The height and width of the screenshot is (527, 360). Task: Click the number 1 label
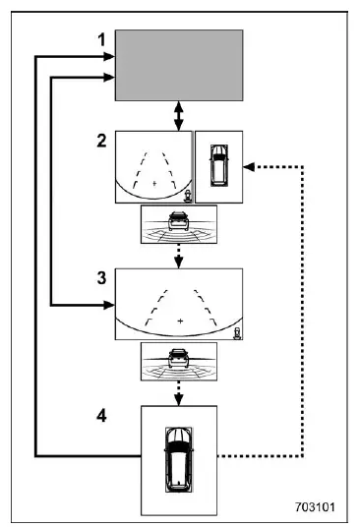102,39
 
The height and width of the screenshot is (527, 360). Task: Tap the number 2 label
102,141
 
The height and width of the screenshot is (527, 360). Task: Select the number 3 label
102,278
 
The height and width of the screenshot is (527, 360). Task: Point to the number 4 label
102,416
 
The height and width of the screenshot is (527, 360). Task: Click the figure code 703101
315,506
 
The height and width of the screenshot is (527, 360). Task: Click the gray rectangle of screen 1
179,65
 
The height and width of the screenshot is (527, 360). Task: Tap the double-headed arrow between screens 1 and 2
179,116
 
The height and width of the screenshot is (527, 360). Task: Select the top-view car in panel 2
218,165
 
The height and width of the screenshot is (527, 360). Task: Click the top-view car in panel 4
179,460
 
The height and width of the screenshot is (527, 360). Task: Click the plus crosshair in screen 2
154,183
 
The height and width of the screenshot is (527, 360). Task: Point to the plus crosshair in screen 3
180,321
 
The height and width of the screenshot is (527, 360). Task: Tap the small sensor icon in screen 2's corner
187,196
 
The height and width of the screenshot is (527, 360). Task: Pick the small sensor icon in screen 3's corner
238,333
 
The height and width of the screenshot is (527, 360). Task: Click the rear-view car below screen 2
178,221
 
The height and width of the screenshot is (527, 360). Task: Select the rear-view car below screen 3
178,359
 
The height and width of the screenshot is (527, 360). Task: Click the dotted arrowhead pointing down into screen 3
179,263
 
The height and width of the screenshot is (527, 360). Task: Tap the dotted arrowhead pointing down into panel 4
179,400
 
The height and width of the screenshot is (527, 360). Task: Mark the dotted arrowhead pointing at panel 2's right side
249,167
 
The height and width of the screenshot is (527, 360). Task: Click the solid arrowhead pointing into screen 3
109,305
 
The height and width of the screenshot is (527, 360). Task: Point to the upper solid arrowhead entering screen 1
109,56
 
